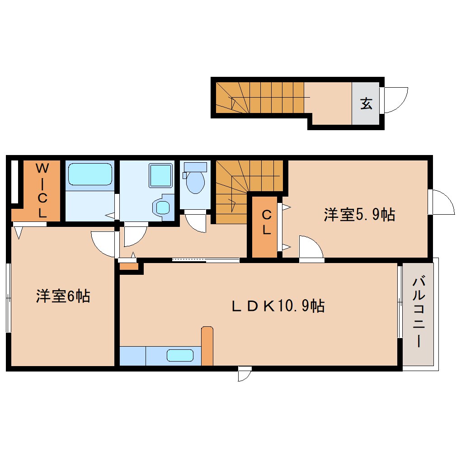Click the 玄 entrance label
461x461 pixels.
click(366, 104)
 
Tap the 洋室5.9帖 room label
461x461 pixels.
click(359, 215)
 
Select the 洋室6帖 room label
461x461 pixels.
click(63, 296)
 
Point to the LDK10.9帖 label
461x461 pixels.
click(278, 306)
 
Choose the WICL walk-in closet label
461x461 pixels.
click(42, 191)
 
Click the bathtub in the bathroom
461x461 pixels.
click(89, 174)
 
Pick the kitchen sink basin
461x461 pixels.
click(180, 355)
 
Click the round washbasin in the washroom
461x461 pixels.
click(162, 208)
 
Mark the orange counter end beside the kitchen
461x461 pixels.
click(207, 346)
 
